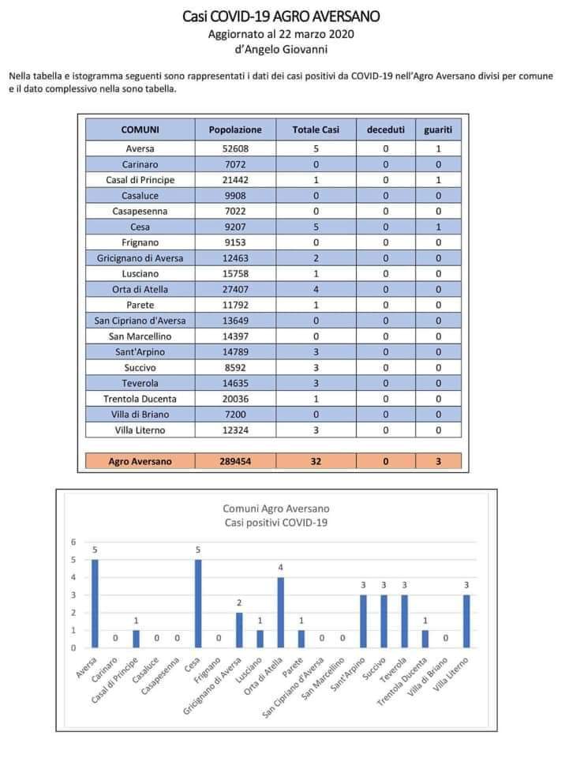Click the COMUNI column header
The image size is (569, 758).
[140, 129]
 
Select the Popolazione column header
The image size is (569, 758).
[235, 129]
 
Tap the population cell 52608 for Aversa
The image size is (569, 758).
[235, 148]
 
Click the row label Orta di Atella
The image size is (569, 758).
[140, 289]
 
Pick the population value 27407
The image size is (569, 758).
[235, 289]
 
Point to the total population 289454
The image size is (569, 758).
[235, 461]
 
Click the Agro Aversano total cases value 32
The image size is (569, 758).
[316, 461]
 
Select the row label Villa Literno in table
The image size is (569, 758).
[140, 430]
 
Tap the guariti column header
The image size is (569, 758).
[438, 129]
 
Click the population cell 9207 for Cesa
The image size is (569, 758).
[235, 227]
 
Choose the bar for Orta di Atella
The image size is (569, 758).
[279, 613]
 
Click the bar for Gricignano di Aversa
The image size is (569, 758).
[238, 630]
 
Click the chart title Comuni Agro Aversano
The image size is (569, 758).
[275, 508]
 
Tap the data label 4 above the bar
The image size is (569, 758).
[279, 568]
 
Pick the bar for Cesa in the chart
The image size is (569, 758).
[197, 604]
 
